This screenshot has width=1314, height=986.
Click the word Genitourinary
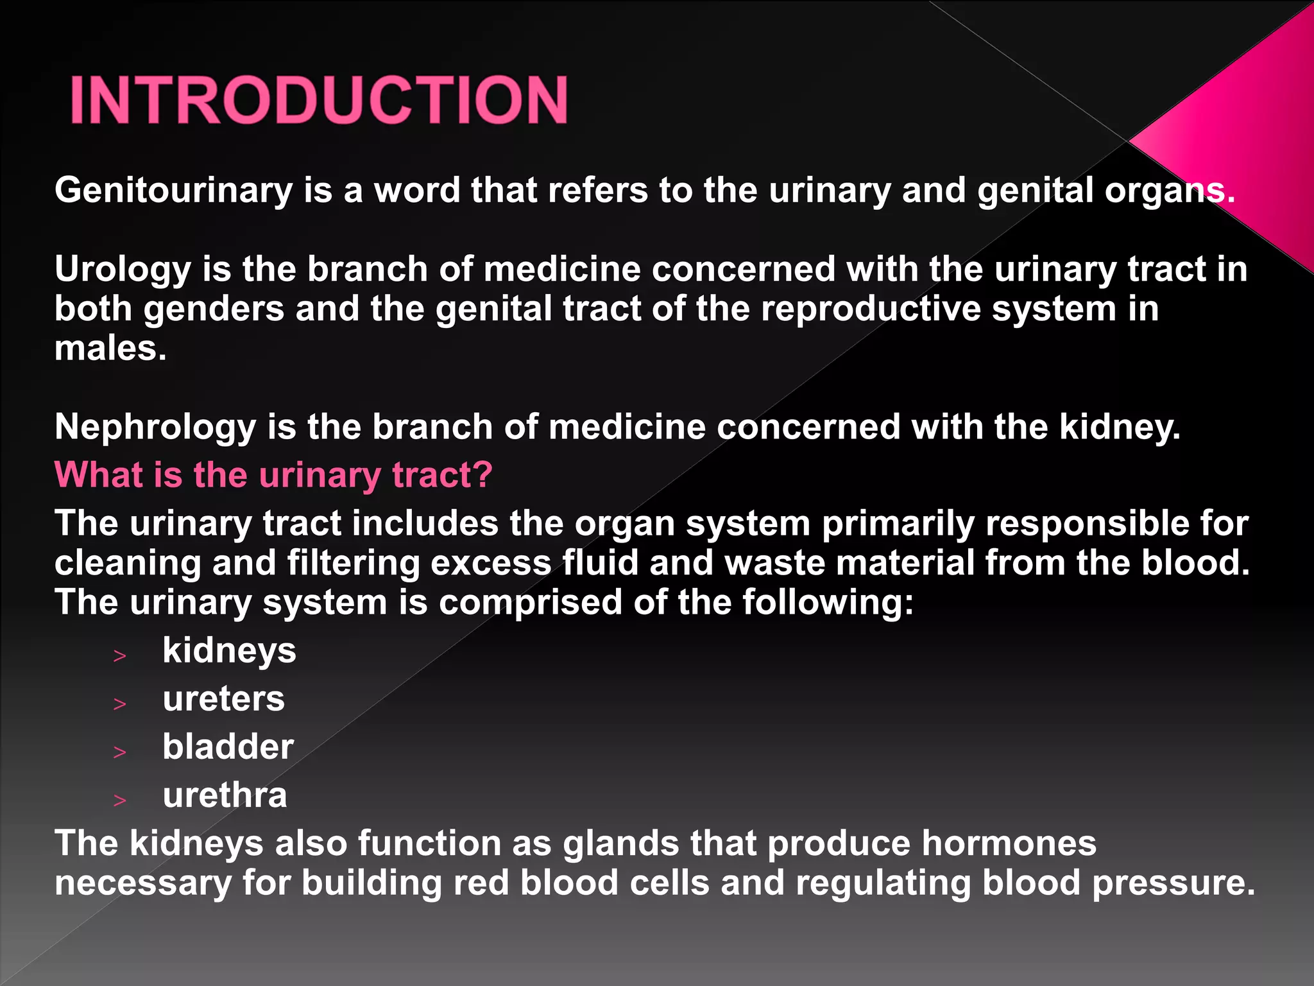173,191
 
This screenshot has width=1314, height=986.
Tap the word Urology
123,269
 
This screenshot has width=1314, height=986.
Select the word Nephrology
155,427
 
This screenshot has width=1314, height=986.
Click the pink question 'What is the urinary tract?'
273,475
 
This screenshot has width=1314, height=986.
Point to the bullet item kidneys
229,650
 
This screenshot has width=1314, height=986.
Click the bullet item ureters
223,698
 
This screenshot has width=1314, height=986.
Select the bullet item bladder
228,747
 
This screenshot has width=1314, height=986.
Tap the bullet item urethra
225,795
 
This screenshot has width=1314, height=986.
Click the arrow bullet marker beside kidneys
120,655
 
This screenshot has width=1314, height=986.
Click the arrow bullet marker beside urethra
120,800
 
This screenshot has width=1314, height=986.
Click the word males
110,349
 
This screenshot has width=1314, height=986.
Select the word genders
214,309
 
